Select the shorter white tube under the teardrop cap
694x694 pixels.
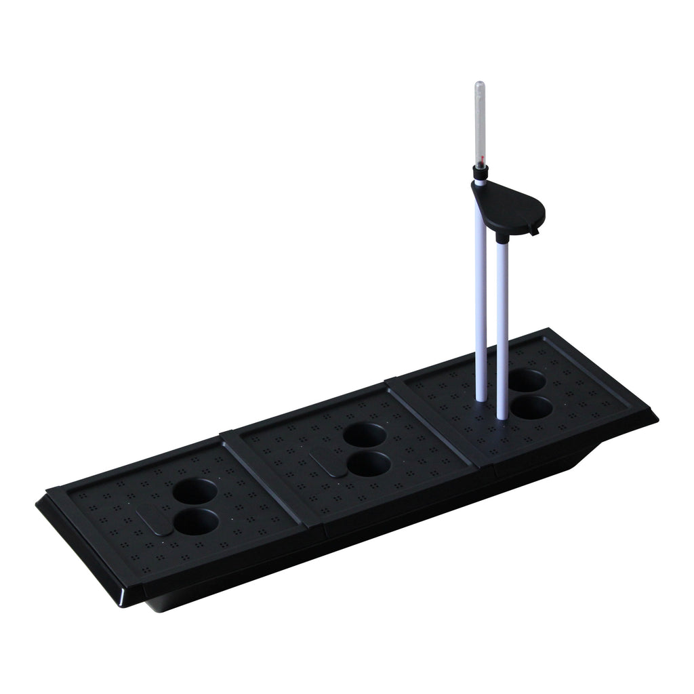(x=503, y=325)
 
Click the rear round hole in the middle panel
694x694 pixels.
(x=365, y=434)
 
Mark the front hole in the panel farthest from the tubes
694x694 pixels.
(x=197, y=522)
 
